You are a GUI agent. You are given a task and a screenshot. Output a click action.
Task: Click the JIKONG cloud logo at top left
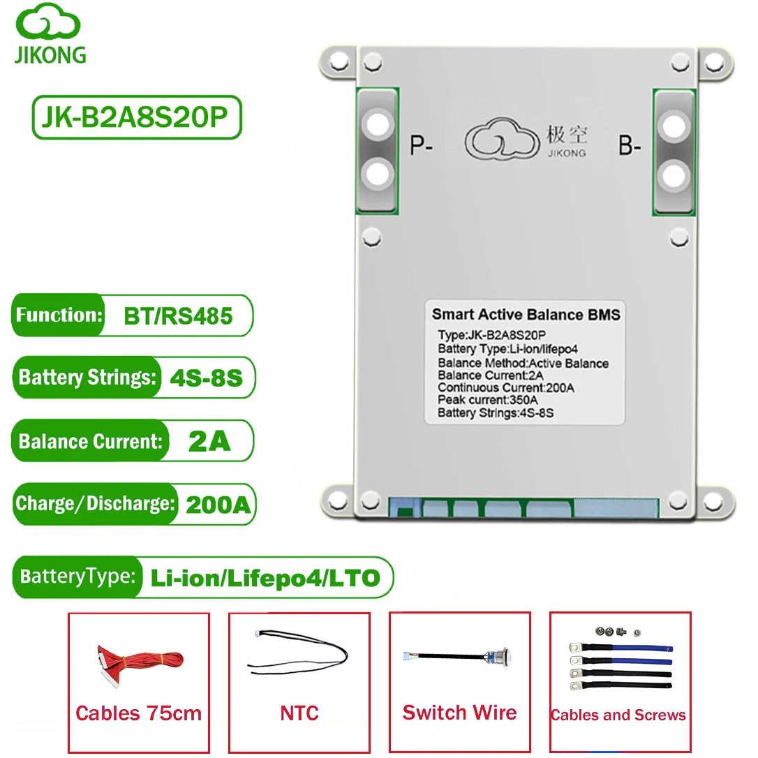(48, 21)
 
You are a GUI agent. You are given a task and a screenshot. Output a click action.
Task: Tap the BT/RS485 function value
(178, 316)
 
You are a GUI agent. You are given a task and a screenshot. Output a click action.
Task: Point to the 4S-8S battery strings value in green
(207, 378)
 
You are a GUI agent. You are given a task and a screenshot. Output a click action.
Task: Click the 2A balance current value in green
(209, 441)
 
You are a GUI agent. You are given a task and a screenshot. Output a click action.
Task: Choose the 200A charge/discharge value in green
(218, 505)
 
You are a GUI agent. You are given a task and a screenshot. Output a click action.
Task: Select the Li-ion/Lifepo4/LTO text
(265, 578)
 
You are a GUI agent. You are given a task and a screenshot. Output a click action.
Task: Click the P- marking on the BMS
(421, 145)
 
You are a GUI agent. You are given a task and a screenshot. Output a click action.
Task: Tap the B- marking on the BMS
(630, 145)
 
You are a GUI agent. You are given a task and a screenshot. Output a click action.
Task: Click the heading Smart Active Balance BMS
(526, 315)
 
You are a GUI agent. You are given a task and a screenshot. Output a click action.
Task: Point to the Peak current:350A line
(487, 400)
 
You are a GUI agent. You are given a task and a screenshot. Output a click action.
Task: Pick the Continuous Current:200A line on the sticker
(505, 387)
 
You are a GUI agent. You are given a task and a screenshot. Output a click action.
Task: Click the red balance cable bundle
(140, 663)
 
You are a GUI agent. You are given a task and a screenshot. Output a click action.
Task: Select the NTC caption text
(299, 713)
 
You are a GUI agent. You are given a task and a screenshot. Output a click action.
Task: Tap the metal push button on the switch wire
(499, 657)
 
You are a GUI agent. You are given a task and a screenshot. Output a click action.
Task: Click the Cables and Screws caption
(618, 715)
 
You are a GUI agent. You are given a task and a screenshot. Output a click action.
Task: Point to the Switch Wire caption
(460, 713)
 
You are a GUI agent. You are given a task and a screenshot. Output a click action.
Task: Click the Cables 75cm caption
(139, 713)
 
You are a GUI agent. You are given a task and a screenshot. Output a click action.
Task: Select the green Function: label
(59, 315)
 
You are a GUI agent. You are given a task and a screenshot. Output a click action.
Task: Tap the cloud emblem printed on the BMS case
(502, 139)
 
